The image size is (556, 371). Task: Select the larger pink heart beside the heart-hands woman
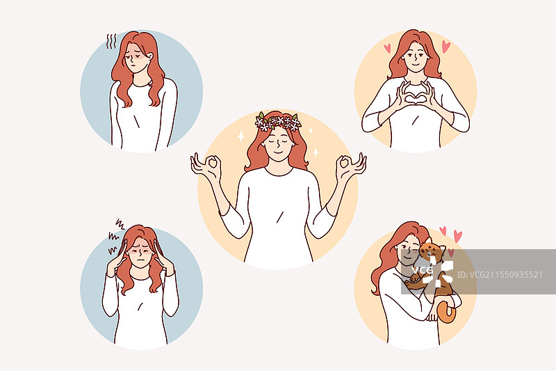pos(445,47)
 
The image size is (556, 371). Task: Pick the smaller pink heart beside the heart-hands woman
pos(387,48)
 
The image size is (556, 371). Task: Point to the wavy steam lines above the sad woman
pos(111,42)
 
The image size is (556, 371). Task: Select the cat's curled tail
pos(447,312)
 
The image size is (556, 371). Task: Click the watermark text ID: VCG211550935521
pos(500,275)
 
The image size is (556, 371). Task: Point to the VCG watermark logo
pos(432,271)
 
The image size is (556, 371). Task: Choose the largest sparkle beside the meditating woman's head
pos(241,136)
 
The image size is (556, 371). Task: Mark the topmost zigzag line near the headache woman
pos(120,224)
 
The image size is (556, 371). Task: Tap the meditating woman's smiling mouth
pos(279,153)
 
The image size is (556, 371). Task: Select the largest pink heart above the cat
pos(458,237)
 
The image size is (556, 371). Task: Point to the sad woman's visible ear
pos(150,56)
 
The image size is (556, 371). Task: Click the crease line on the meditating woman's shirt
pos(280,217)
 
